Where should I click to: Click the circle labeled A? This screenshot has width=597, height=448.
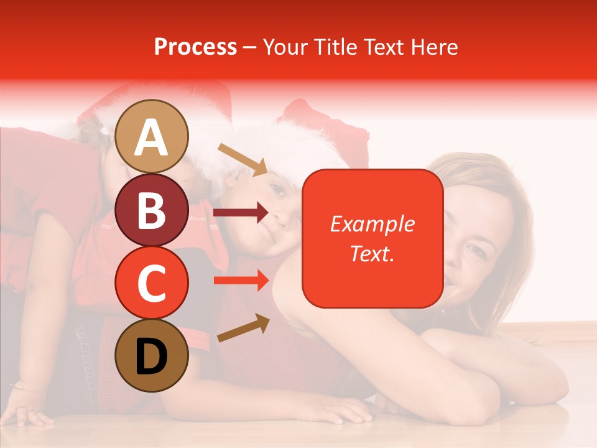coord(152,136)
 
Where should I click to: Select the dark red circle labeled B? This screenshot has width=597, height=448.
coord(152,210)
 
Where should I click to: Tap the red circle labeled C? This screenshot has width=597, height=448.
coord(152,282)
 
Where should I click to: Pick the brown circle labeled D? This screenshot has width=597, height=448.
coord(152,355)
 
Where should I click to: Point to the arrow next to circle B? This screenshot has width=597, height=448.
coord(241,213)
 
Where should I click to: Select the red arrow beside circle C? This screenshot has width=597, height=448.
coord(241,281)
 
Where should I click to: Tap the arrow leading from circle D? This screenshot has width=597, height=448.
coord(243,328)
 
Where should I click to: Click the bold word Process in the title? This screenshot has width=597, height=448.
coord(195,47)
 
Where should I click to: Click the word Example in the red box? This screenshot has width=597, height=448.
coord(373,224)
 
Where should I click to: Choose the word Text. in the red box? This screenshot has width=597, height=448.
coord(373,253)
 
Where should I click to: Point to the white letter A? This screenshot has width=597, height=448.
coord(152,138)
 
